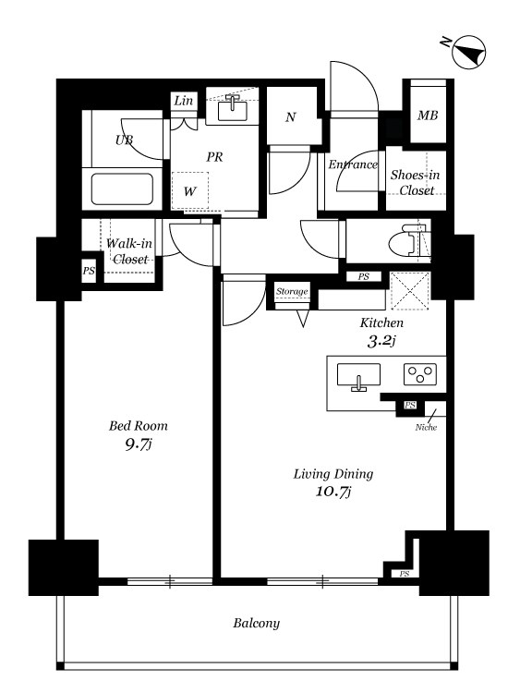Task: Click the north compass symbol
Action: [x=468, y=53]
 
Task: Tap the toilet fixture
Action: [x=408, y=241]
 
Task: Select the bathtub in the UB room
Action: [x=122, y=189]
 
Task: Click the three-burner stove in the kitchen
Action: [x=420, y=374]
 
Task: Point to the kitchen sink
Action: [x=358, y=376]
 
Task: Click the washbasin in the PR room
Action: [x=233, y=107]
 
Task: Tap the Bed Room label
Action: [x=139, y=426]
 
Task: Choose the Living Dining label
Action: [x=333, y=474]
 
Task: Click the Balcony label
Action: [x=256, y=623]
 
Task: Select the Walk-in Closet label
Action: [x=129, y=251]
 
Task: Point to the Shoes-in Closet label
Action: [x=416, y=183]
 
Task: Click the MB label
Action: [x=428, y=115]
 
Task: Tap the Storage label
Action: [x=292, y=291]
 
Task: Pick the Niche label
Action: [x=426, y=428]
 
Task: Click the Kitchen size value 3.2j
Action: [x=381, y=341]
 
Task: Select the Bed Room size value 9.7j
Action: [x=139, y=444]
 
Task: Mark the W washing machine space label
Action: [x=190, y=191]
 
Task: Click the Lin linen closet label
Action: [x=184, y=101]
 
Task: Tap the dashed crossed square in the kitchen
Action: [x=410, y=291]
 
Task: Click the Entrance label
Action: [x=353, y=164]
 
